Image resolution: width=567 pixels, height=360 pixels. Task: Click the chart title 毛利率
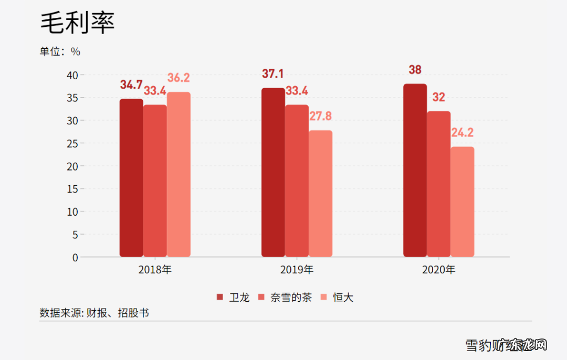coord(77,23)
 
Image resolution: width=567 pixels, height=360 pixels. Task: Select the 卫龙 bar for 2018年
coord(131,178)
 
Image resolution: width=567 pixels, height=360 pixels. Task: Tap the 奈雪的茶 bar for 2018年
coord(155,181)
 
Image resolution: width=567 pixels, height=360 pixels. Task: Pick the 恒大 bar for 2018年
coord(178,174)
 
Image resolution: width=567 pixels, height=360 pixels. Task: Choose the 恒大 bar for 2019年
coord(320,194)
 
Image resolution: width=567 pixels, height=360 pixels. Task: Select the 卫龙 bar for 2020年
coord(415,170)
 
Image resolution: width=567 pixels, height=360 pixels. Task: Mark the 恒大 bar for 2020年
coord(462,202)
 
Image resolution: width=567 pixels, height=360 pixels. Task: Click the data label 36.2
coord(178,78)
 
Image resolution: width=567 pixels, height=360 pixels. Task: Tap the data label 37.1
coord(273,74)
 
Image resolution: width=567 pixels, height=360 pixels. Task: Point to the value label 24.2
coord(462,133)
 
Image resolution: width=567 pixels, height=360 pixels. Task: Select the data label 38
coord(415,70)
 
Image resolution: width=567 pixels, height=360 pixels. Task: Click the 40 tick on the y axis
coord(72,75)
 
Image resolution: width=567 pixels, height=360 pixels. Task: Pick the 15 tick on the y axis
coord(72,189)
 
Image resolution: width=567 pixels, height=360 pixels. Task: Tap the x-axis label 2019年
coord(297,270)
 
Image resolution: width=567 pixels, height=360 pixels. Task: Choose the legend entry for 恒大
coord(337,298)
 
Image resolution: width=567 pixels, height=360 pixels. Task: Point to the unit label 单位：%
coord(60,51)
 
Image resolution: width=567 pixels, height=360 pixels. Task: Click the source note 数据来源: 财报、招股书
coord(94,313)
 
